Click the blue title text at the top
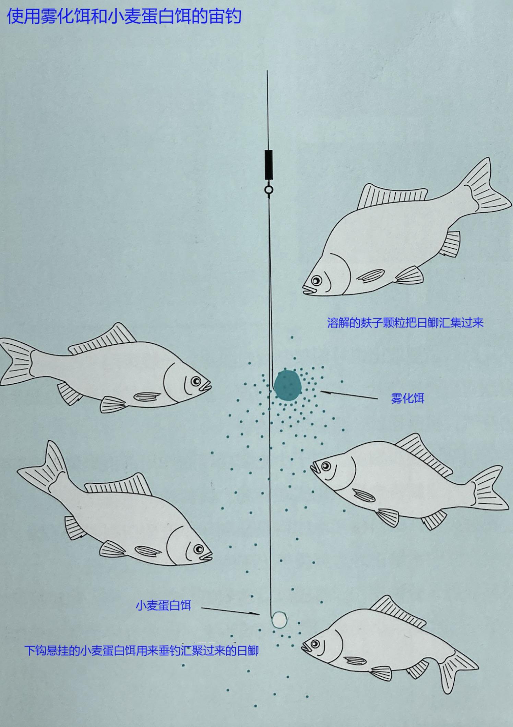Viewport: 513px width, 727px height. pyautogui.click(x=124, y=16)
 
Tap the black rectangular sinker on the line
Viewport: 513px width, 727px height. pyautogui.click(x=269, y=164)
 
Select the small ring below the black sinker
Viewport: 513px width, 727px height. pyautogui.click(x=269, y=189)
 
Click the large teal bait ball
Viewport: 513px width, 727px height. pyautogui.click(x=287, y=385)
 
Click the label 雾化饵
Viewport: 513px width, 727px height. pyautogui.click(x=407, y=398)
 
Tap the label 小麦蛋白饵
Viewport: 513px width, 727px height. pyautogui.click(x=163, y=606)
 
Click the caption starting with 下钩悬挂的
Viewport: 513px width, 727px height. pyautogui.click(x=141, y=650)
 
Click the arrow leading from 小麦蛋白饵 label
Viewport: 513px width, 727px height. pyautogui.click(x=230, y=611)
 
